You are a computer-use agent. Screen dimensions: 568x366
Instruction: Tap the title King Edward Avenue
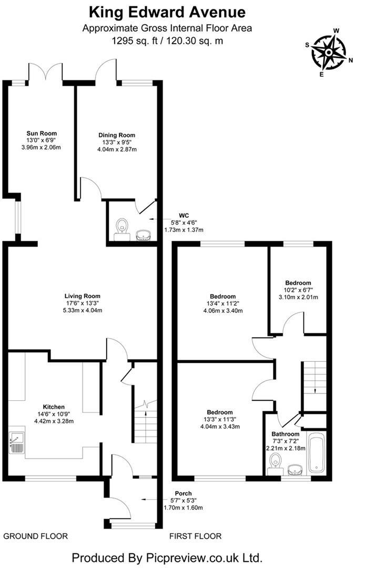(x=167, y=12)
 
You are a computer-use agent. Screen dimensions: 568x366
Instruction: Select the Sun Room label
(x=42, y=133)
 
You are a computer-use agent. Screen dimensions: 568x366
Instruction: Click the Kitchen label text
(x=54, y=407)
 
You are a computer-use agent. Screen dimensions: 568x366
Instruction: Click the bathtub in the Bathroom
(x=317, y=453)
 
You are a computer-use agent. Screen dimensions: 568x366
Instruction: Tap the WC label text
(x=184, y=215)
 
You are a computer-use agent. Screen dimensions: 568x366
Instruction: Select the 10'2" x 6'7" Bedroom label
(x=298, y=282)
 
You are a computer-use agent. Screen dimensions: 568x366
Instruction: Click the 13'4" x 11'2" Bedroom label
(x=222, y=296)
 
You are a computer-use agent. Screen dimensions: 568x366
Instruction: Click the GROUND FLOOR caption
(x=36, y=536)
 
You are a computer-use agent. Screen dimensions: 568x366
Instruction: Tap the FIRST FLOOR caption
(x=195, y=536)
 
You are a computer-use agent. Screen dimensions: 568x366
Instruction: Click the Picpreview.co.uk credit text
(x=167, y=557)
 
